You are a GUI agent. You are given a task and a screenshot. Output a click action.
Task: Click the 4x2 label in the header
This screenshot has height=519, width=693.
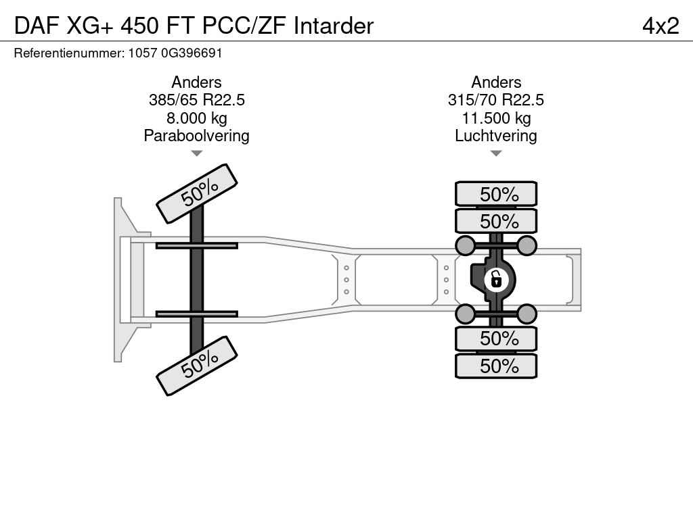[661, 26]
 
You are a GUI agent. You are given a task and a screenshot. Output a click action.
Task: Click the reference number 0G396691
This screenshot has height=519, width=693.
[192, 53]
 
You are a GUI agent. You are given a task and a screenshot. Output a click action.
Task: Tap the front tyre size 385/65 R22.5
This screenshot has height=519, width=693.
[197, 100]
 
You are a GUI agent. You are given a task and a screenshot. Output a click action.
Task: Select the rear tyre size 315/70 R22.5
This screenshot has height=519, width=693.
[496, 100]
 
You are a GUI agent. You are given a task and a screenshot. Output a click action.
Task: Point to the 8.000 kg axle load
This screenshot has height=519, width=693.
[197, 118]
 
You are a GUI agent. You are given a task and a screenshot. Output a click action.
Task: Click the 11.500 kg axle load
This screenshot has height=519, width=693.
[496, 118]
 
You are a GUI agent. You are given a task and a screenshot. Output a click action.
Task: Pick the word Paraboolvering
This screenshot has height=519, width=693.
[197, 136]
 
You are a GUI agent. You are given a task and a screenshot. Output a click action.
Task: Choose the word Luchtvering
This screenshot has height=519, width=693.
[496, 136]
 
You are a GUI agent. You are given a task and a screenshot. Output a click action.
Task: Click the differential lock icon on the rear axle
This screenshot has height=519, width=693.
[496, 280]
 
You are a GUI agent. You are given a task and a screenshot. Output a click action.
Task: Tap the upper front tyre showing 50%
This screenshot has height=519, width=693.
[197, 194]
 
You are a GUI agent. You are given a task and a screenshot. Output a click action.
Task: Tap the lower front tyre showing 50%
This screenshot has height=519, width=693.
[197, 366]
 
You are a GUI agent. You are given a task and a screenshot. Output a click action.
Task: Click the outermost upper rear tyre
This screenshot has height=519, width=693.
[496, 194]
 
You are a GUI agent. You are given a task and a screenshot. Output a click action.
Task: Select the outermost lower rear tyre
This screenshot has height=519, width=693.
[496, 366]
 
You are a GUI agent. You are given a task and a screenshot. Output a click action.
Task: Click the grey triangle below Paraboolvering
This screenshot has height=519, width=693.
[197, 153]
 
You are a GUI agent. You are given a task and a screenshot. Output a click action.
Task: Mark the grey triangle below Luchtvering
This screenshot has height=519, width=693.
[496, 153]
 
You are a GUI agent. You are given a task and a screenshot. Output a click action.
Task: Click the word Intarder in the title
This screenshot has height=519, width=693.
[334, 26]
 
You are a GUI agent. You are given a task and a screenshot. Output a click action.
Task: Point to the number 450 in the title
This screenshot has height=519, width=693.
[139, 26]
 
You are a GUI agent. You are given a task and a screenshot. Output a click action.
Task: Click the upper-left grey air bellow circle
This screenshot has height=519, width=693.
[466, 245]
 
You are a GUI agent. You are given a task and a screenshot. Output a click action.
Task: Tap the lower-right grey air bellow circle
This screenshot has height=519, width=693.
[527, 314]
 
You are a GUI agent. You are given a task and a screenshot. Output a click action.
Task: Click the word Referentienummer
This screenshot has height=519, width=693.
[70, 53]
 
